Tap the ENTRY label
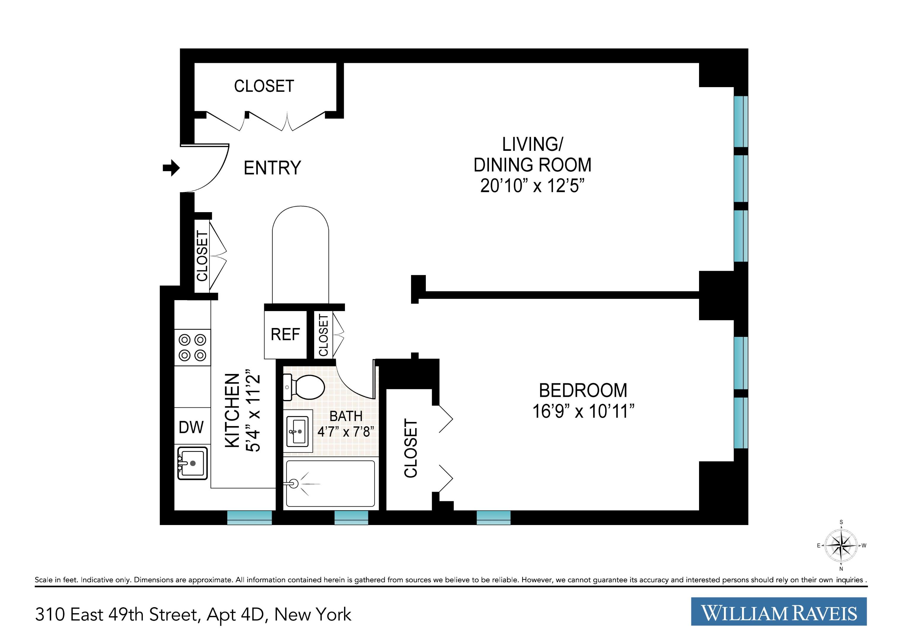[272, 168]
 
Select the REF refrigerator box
[285, 335]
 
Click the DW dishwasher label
[191, 427]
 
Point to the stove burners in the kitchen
[192, 347]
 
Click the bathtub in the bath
[330, 484]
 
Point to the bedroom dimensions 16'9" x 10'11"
[583, 412]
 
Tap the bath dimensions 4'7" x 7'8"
[346, 432]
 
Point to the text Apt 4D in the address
[235, 615]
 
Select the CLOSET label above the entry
[264, 86]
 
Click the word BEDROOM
[583, 391]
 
